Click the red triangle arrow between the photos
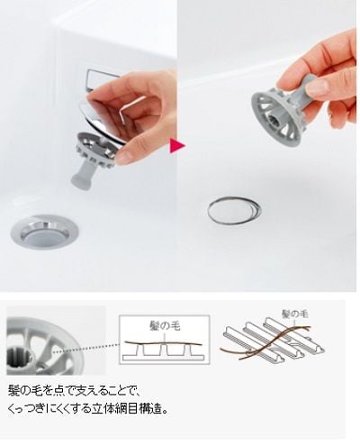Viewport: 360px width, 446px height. [x=177, y=146]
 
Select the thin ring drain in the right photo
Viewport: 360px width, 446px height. [x=234, y=210]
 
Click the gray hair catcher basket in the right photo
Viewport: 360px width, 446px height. [x=277, y=115]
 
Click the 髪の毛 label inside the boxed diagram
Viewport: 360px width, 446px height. [x=165, y=325]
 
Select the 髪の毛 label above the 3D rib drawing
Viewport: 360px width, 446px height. [x=294, y=314]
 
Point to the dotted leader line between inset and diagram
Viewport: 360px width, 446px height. [x=86, y=348]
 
